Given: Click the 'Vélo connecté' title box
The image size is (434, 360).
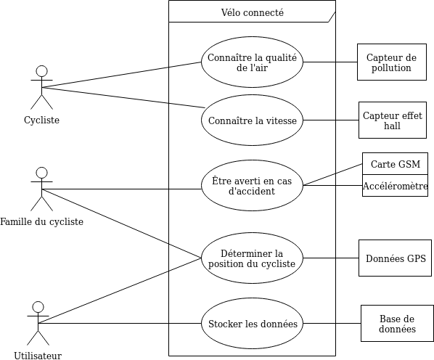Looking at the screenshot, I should click(252, 12).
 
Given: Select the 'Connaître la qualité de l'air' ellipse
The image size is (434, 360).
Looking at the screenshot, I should click(252, 62).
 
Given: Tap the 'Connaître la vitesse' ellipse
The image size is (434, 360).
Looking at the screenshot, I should click(252, 120).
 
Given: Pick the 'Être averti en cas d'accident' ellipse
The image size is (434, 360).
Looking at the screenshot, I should click(252, 186).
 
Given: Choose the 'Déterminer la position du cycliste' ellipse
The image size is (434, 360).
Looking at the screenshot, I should click(252, 258).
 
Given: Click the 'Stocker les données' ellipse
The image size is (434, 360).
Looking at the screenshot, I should click(252, 324).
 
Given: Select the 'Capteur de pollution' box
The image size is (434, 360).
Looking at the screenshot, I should click(391, 62).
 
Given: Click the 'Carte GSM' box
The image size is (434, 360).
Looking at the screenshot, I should click(395, 164).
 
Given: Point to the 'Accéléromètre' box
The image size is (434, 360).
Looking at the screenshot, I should click(395, 186).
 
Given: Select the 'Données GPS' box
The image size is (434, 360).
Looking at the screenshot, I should click(395, 258).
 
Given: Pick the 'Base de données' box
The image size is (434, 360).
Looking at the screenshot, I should click(396, 324).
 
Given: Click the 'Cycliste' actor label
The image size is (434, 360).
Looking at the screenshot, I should click(41, 120).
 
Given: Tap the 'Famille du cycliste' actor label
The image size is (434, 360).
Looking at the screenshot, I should click(41, 221).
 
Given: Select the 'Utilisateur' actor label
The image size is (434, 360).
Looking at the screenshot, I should click(38, 355).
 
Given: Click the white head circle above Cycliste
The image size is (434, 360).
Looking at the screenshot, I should click(41, 71).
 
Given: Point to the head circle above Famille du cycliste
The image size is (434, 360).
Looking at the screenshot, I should click(41, 173).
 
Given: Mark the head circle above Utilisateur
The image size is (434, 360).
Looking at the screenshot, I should click(38, 307).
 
